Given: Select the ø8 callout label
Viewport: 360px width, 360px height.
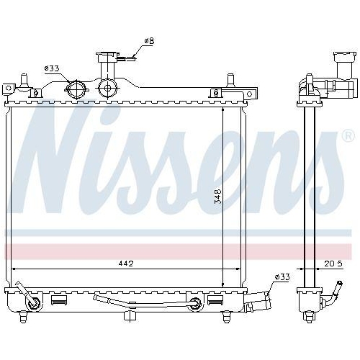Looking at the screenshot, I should tap(149, 41).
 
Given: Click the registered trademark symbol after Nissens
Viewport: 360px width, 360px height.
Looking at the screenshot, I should tap(347, 135).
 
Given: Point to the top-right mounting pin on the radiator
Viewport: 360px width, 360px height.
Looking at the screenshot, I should tap(231, 81).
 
